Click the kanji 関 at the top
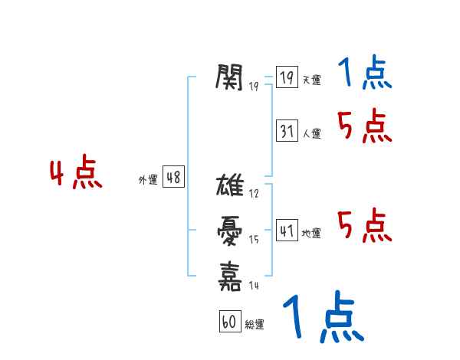230,76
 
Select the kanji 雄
230,185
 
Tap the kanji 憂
230,229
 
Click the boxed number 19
287,78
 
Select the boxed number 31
287,131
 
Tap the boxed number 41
287,231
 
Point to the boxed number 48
173,178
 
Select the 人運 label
311,133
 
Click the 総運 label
254,325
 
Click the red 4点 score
76,174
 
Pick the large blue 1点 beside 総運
322,318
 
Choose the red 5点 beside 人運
364,126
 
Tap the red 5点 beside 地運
364,226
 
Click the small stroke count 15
254,239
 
